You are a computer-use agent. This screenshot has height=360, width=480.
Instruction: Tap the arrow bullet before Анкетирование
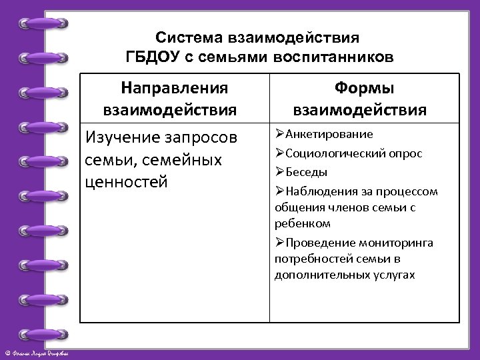tap(279, 134)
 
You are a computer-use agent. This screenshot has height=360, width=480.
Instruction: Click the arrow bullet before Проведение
tap(279, 243)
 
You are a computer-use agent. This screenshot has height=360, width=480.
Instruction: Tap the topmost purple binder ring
tap(44, 24)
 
